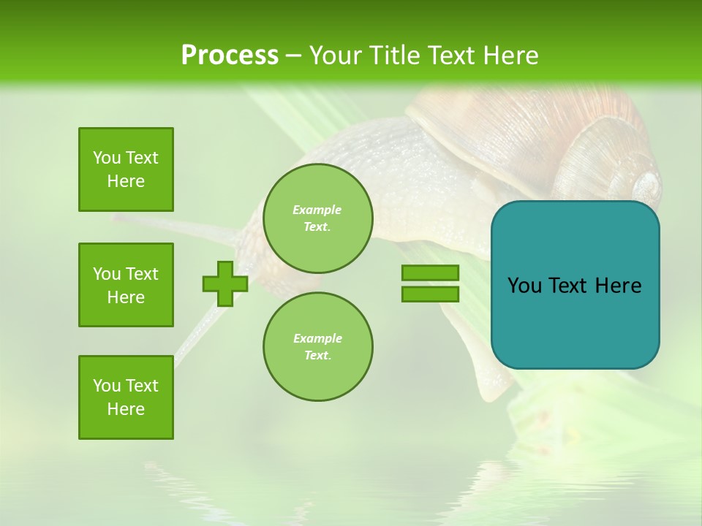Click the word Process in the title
[x=230, y=56]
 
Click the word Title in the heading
[x=393, y=56]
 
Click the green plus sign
[x=225, y=283]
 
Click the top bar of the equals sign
[x=430, y=272]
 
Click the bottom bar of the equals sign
[x=430, y=294]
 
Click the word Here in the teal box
[x=618, y=286]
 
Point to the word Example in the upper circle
[x=317, y=210]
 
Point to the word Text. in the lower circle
[x=317, y=355]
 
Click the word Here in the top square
[x=126, y=181]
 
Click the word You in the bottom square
[x=107, y=386]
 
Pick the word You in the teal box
[x=524, y=286]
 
